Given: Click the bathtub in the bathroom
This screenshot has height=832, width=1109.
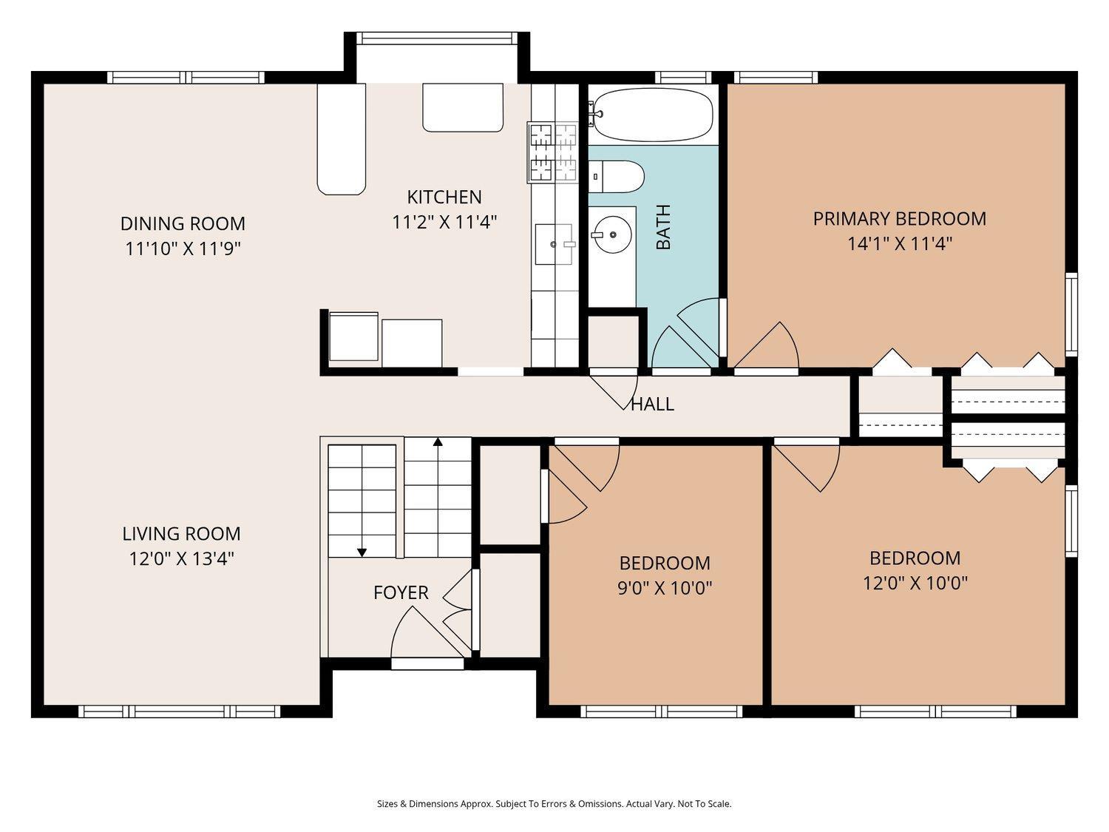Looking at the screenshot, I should pos(651,115).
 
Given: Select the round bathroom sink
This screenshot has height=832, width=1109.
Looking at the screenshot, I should pos(612,234).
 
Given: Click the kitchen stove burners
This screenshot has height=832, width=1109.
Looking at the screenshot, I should pos(552,152).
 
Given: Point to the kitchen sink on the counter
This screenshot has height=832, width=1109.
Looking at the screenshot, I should pos(553,244).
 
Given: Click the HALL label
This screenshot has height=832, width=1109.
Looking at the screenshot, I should pos(652,404).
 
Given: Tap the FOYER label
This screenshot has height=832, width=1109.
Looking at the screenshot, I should pos(401,592).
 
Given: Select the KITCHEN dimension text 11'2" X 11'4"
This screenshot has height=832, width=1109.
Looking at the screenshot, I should pos(444,222).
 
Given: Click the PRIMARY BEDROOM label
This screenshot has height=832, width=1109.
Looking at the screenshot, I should pos(899,219).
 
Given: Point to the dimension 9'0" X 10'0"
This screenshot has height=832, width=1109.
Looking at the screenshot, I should pos(665,588).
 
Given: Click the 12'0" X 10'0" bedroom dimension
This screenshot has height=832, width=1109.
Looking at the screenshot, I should pos(915,584).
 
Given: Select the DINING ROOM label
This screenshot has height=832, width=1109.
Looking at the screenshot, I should pos(183,223).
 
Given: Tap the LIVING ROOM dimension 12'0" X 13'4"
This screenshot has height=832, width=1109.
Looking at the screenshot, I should pos(182,558).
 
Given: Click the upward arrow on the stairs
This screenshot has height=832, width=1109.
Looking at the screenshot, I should pos(438,442).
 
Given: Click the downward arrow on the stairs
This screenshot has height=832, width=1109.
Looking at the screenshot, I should pos(362,551).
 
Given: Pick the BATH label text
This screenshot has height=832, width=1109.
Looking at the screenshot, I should pos(663,227).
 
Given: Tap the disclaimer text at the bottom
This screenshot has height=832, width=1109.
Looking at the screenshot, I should pos(554,804).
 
